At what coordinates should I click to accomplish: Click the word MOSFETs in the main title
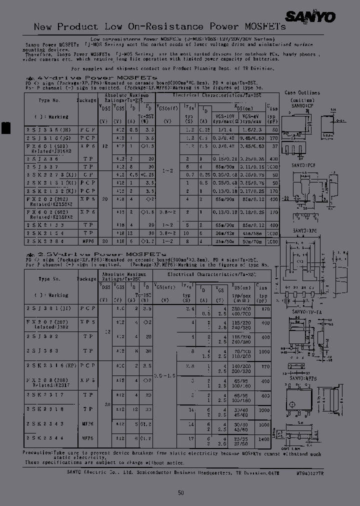245,27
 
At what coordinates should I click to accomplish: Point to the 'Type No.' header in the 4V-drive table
49,100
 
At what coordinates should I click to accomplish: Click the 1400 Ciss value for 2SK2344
262,438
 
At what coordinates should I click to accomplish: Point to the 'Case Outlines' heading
302,93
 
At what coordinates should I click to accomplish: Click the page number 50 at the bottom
181,492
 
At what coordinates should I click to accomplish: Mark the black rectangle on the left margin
5,127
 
